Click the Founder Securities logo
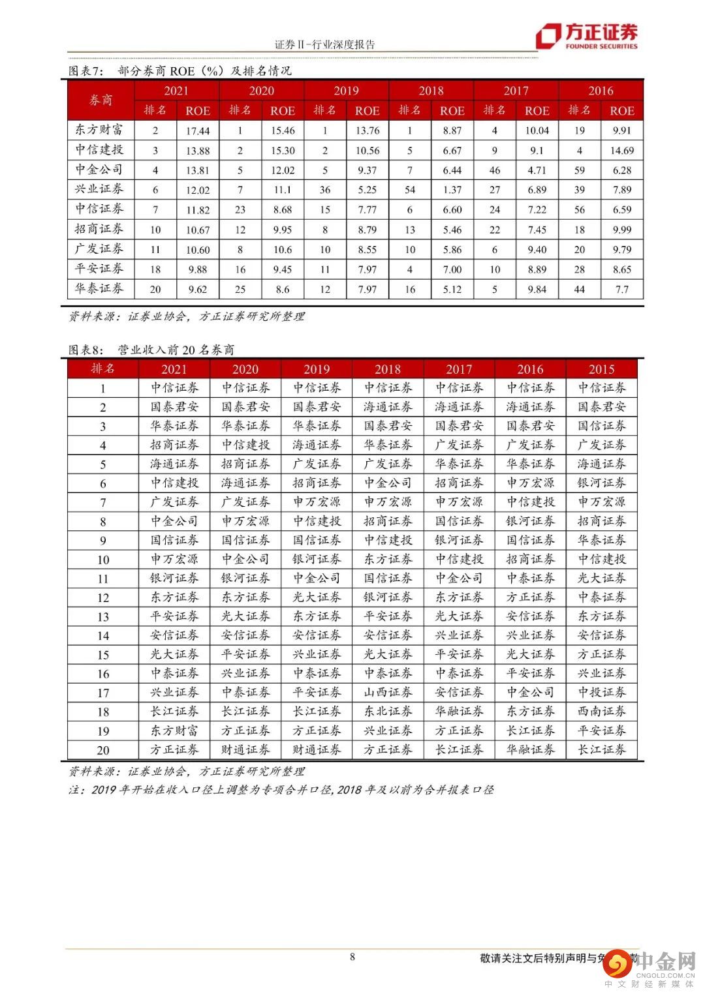click(x=586, y=36)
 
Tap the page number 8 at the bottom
click(x=352, y=957)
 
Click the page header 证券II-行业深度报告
click(x=325, y=44)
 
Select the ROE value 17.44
click(x=198, y=130)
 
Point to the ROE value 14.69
click(x=621, y=151)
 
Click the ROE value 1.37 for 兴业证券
click(x=452, y=190)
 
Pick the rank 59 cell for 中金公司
click(x=579, y=170)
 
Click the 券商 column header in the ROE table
click(x=101, y=100)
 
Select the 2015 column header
click(x=601, y=369)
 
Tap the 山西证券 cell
click(x=388, y=692)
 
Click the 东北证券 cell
click(x=388, y=711)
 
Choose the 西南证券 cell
click(x=601, y=711)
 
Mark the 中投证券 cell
click(x=601, y=692)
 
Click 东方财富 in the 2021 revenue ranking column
click(x=174, y=731)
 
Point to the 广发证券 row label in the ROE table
click(x=99, y=249)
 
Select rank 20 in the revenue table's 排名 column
click(x=103, y=750)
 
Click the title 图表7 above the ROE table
click(x=180, y=70)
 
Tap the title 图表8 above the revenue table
click(x=151, y=350)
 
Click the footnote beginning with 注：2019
click(x=281, y=789)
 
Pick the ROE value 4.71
click(x=537, y=170)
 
